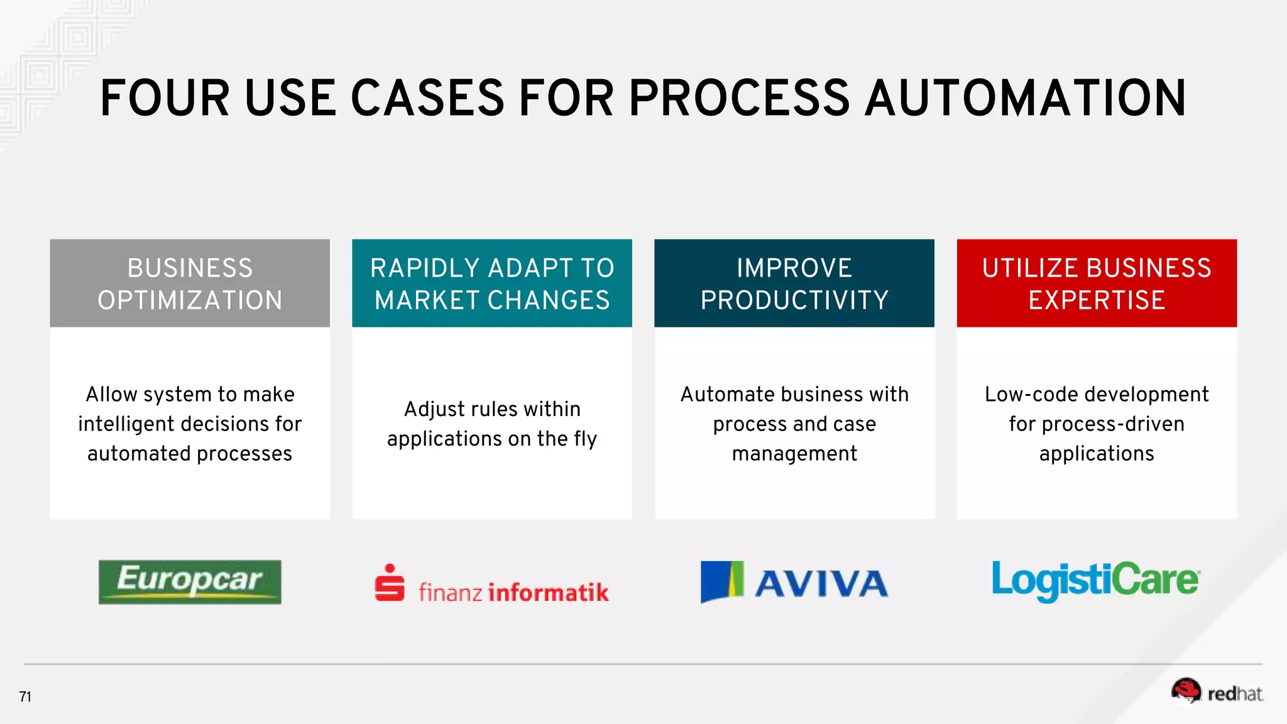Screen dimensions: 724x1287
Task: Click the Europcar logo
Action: [x=190, y=582]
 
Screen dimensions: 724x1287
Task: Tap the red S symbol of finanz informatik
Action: [x=390, y=583]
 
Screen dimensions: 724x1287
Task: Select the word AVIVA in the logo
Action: [x=821, y=584]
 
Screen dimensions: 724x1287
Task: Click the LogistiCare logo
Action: [x=1096, y=581]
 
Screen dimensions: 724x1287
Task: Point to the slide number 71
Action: [x=25, y=696]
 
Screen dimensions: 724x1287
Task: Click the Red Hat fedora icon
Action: [x=1185, y=691]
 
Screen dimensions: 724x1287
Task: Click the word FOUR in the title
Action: [x=165, y=99]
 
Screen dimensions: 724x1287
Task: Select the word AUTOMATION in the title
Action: [x=1026, y=99]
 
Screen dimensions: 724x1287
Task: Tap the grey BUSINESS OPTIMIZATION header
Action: [x=190, y=283]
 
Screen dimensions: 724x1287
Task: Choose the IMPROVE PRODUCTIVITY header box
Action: [x=794, y=283]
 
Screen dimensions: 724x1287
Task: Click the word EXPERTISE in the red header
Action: [x=1097, y=300]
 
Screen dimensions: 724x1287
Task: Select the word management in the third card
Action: [x=794, y=454]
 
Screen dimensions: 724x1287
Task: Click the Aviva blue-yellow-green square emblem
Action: [x=722, y=581]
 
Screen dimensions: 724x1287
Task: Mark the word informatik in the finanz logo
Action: [x=549, y=592]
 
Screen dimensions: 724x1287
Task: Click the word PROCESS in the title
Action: [x=740, y=99]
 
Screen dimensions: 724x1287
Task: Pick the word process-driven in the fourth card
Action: [x=1113, y=424]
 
